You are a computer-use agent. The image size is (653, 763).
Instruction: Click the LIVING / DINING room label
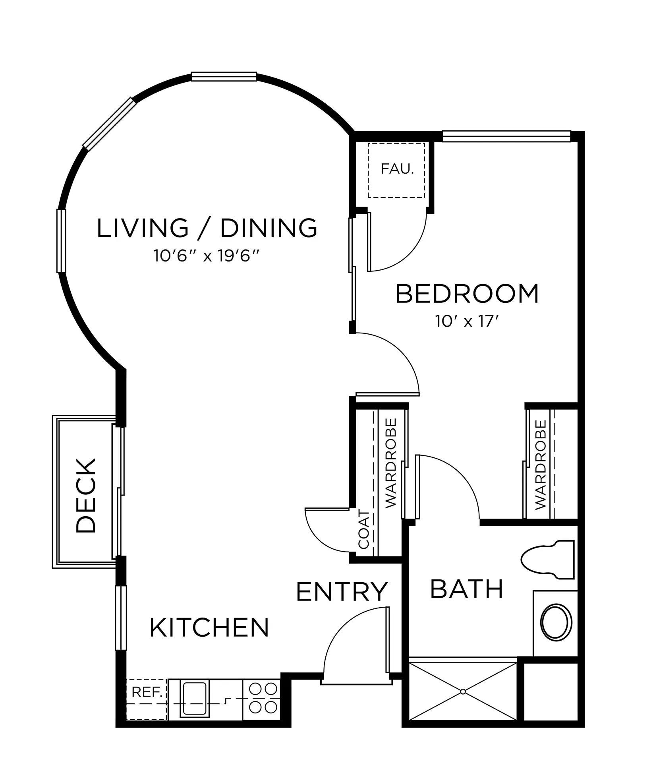[207, 228]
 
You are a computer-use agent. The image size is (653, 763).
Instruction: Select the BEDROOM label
[467, 294]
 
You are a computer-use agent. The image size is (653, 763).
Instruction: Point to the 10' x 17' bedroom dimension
[467, 321]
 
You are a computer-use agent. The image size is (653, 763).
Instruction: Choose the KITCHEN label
[209, 627]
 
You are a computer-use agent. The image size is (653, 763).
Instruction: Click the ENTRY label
[342, 591]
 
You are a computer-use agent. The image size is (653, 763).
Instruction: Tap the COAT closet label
[364, 530]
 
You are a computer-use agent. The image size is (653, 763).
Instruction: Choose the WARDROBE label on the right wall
[541, 465]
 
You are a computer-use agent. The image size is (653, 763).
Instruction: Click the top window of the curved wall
[224, 76]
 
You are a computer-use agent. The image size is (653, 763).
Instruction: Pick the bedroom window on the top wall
[506, 136]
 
